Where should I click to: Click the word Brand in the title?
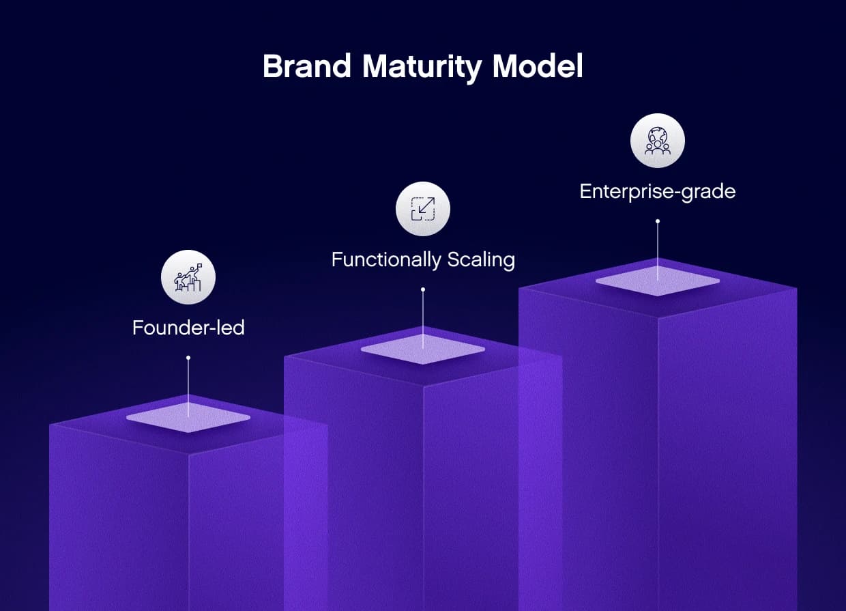click(x=307, y=67)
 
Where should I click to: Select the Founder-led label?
click(x=188, y=328)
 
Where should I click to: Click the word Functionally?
click(x=386, y=260)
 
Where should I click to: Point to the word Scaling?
click(x=481, y=260)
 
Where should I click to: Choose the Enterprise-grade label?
click(x=657, y=191)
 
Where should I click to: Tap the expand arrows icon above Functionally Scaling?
click(x=423, y=209)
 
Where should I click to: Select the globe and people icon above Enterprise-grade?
click(x=658, y=141)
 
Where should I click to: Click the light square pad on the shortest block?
click(x=188, y=418)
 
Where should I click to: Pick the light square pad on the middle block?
click(x=423, y=350)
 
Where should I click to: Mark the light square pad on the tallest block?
click(x=658, y=281)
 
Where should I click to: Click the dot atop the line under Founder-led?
click(x=188, y=358)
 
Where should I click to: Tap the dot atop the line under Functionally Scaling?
click(x=423, y=289)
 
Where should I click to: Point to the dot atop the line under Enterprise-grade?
click(x=658, y=221)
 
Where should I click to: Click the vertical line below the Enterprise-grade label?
click(x=658, y=249)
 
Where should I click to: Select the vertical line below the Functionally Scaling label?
click(x=423, y=317)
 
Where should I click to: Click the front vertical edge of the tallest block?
click(x=658, y=464)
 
